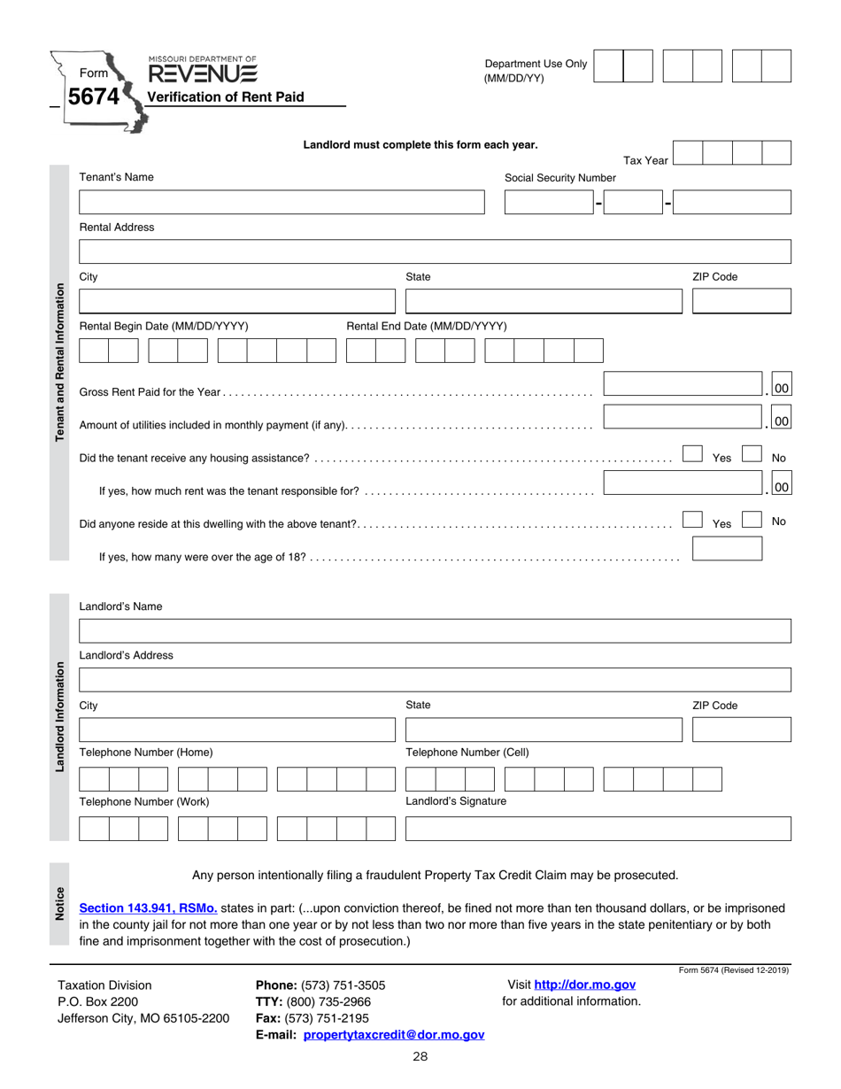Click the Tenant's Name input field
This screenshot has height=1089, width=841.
pyautogui.click(x=282, y=203)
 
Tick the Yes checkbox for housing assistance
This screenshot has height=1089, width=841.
pyautogui.click(x=693, y=455)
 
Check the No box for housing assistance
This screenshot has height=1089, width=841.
pyautogui.click(x=751, y=455)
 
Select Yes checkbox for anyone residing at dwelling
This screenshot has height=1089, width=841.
pyautogui.click(x=693, y=521)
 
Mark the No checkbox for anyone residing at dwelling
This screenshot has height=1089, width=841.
pyautogui.click(x=751, y=521)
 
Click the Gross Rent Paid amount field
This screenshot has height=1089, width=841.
pyautogui.click(x=683, y=385)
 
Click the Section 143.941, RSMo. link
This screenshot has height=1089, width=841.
pyautogui.click(x=148, y=908)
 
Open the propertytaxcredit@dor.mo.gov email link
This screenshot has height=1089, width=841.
pyautogui.click(x=393, y=1034)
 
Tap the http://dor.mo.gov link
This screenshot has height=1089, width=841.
pyautogui.click(x=584, y=985)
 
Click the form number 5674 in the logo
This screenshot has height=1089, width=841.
pyautogui.click(x=92, y=97)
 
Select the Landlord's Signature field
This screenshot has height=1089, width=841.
pyautogui.click(x=598, y=829)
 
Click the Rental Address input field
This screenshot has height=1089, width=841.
pyautogui.click(x=434, y=251)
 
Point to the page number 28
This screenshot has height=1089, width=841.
pyautogui.click(x=420, y=1056)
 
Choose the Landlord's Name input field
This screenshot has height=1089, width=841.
pyautogui.click(x=434, y=631)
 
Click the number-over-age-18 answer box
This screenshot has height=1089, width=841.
pyautogui.click(x=726, y=549)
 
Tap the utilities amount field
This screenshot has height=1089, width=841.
pyautogui.click(x=683, y=418)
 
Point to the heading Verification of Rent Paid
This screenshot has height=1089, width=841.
pyautogui.click(x=225, y=97)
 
